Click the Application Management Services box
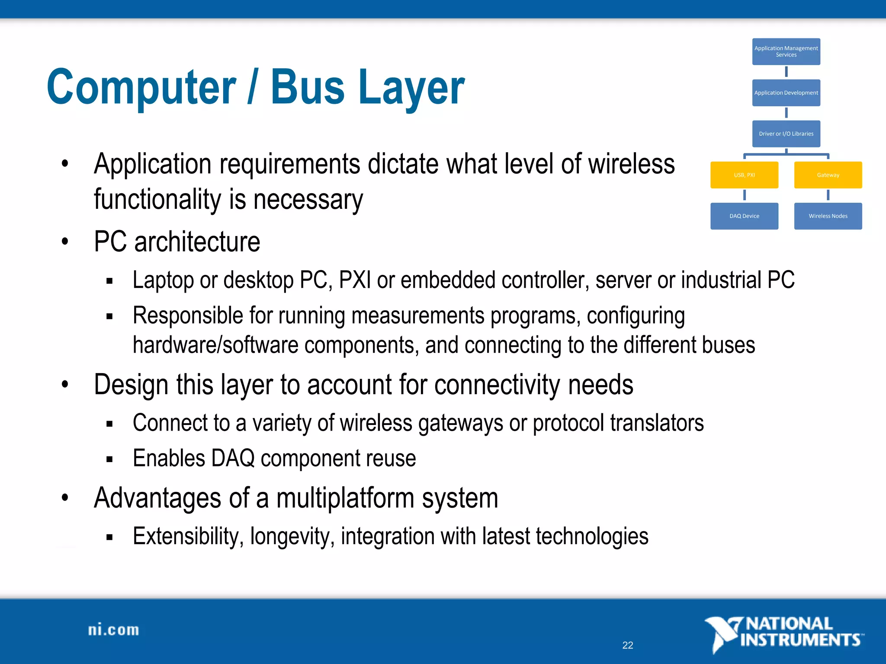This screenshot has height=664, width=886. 786,51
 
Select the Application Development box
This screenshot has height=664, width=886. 786,93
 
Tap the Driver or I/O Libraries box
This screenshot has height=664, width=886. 786,134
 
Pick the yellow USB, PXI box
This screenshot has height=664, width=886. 744,175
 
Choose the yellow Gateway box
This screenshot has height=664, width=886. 828,175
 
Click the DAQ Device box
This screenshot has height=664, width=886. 744,216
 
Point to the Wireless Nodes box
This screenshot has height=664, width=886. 828,216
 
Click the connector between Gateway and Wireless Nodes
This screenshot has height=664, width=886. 828,195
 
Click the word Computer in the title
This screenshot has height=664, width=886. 141,88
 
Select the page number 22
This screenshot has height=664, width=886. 628,645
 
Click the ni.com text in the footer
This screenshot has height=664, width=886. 114,630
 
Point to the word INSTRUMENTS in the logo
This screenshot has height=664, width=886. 800,640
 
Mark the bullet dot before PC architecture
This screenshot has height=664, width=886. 65,241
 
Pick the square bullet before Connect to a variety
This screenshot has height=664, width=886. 109,424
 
